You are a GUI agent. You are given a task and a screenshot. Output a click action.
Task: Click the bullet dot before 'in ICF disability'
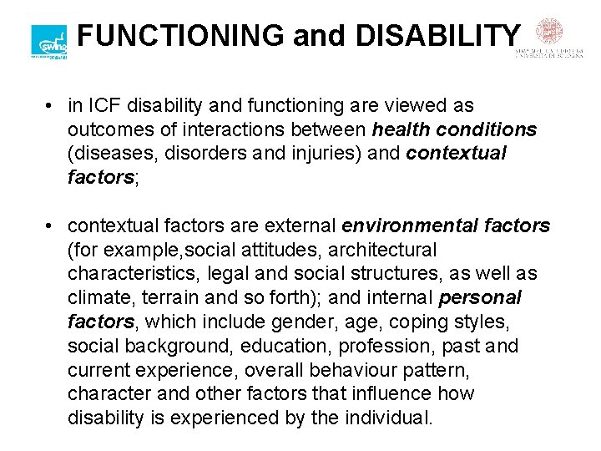[51, 106]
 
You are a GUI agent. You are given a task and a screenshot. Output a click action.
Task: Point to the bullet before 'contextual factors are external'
[51, 226]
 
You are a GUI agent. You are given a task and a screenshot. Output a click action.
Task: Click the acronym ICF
[104, 106]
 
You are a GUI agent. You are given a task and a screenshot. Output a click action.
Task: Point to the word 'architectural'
[379, 250]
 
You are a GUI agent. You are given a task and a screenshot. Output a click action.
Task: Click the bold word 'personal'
[480, 298]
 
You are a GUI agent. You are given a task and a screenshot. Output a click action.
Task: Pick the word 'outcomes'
[106, 130]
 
